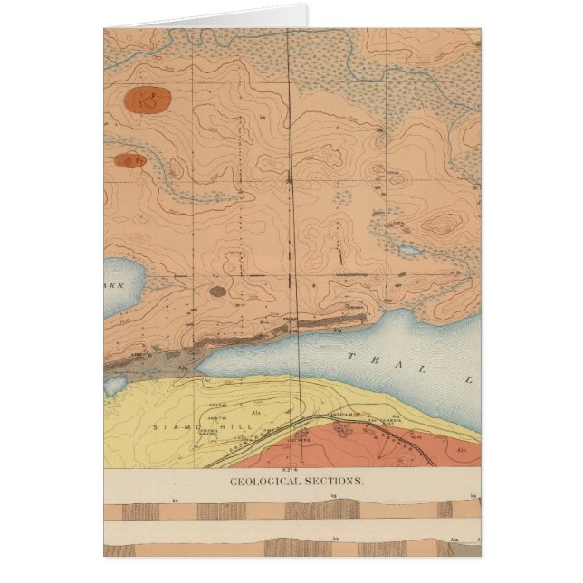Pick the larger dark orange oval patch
pyautogui.click(x=150, y=98)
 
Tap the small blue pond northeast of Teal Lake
pyautogui.click(x=408, y=250)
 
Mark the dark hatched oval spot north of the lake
pyautogui.click(x=218, y=291)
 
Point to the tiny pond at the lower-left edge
pyautogui.click(x=114, y=385)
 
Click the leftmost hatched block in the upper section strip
pyautogui.click(x=140, y=511)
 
